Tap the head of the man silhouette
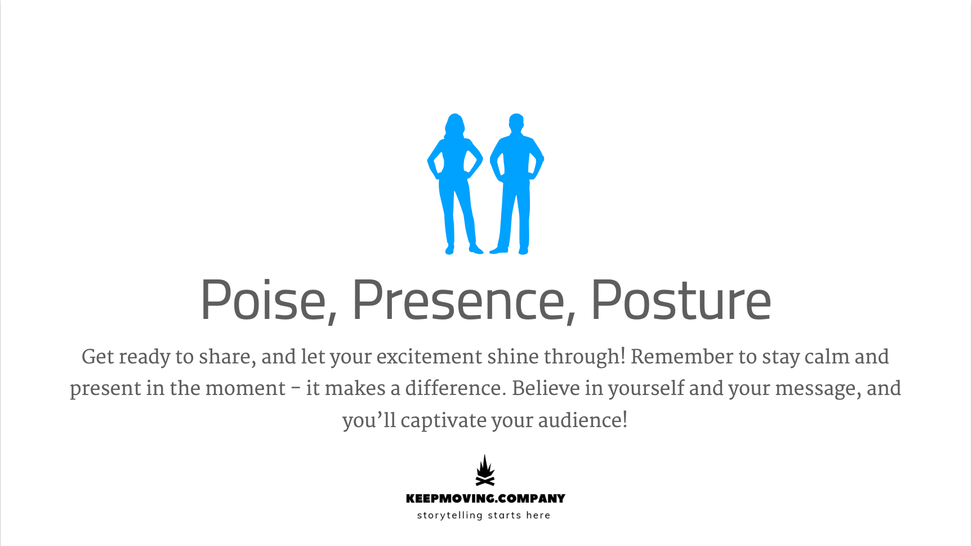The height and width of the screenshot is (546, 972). [516, 122]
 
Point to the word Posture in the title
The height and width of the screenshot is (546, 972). [680, 301]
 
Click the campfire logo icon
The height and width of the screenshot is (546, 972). [485, 470]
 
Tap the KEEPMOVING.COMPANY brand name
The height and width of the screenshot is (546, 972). [485, 499]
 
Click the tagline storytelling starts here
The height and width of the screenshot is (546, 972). [484, 515]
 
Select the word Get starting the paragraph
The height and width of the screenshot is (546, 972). [98, 357]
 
